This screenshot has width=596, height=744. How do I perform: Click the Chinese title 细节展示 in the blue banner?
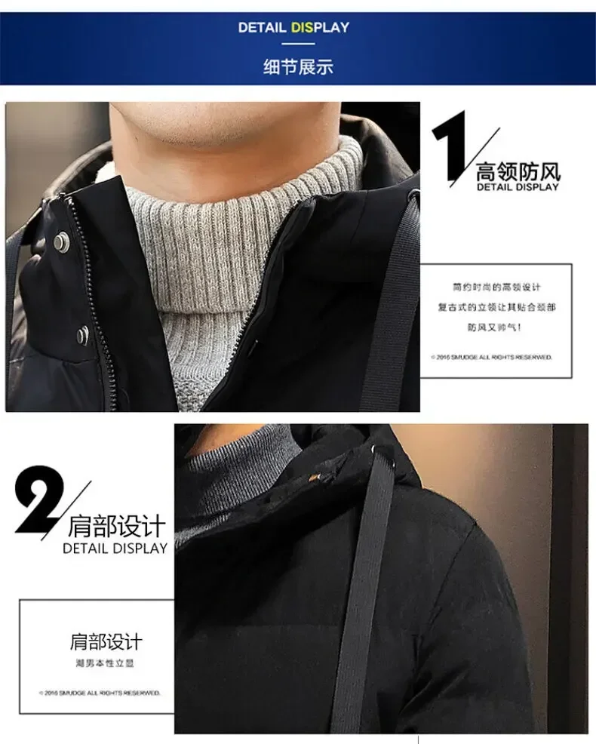click(x=297, y=66)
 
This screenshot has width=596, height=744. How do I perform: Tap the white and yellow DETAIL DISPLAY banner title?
click(x=293, y=28)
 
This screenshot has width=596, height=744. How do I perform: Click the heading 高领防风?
click(x=518, y=170)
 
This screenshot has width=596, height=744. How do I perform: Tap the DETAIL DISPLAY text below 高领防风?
click(x=518, y=187)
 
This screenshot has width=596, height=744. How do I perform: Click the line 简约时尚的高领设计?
click(x=496, y=287)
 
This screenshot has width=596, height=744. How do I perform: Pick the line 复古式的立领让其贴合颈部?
click(x=496, y=307)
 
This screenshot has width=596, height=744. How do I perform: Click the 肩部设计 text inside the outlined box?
click(x=105, y=642)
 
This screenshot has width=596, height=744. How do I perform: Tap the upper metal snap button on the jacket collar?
click(x=58, y=241)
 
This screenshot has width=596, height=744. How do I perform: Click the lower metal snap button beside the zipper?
click(x=81, y=334)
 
